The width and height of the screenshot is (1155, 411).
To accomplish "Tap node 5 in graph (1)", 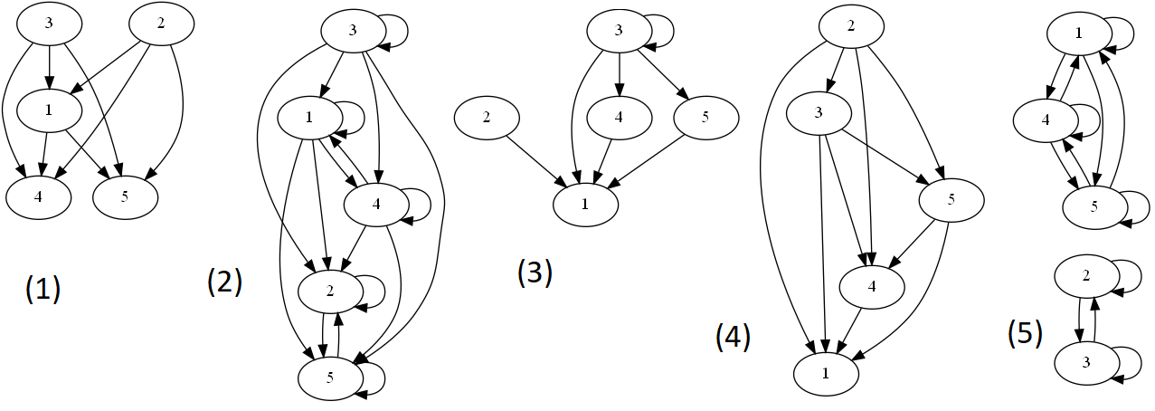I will tap(125, 195).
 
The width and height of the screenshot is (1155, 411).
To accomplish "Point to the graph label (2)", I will tap(224, 282).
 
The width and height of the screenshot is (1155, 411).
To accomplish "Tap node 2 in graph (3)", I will tap(487, 118).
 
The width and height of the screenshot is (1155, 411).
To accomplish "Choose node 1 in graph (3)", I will tap(585, 204).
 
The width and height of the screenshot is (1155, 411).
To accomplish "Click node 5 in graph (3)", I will tap(705, 118).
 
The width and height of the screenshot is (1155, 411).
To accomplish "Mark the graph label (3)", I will tap(534, 272).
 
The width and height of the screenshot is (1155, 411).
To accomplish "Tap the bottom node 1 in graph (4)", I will tap(826, 372).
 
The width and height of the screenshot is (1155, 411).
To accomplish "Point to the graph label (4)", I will tap(733, 337).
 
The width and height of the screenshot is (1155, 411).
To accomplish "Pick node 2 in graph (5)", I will tap(1085, 277).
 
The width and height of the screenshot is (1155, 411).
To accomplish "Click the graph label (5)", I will tap(1025, 332).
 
